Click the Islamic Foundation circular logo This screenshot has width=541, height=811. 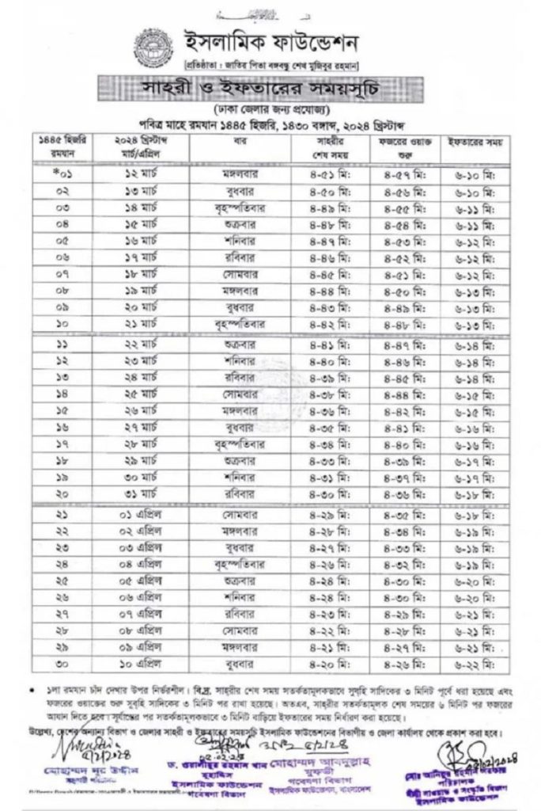tap(153, 47)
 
